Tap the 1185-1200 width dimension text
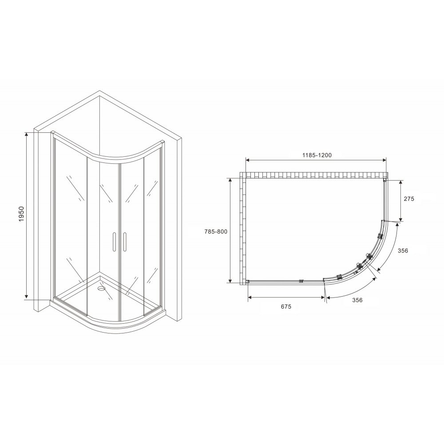point(317,155)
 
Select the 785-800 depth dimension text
point(216,232)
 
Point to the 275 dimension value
point(409,199)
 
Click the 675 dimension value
point(286,306)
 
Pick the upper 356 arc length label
point(403,250)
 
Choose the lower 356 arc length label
point(357,300)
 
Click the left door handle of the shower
point(114,242)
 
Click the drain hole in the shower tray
point(101,289)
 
